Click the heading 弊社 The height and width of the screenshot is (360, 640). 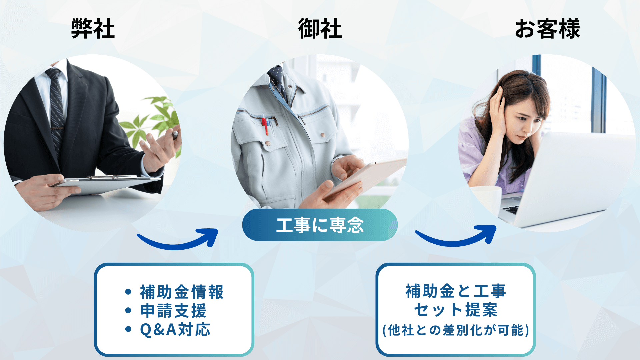93,29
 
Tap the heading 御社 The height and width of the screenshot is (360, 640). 320,29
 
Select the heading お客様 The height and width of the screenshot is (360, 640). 547,29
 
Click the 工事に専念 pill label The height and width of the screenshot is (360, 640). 320,225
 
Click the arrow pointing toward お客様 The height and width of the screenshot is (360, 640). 455,242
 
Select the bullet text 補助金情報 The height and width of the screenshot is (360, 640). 182,292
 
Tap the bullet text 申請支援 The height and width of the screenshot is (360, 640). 173,311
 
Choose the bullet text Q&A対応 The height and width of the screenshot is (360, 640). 175,330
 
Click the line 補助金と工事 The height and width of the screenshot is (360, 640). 456,291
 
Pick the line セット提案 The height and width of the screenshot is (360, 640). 456,310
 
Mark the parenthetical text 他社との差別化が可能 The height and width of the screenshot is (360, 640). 456,330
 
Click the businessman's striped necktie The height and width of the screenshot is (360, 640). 56,107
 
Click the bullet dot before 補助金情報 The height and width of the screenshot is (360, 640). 128,292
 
